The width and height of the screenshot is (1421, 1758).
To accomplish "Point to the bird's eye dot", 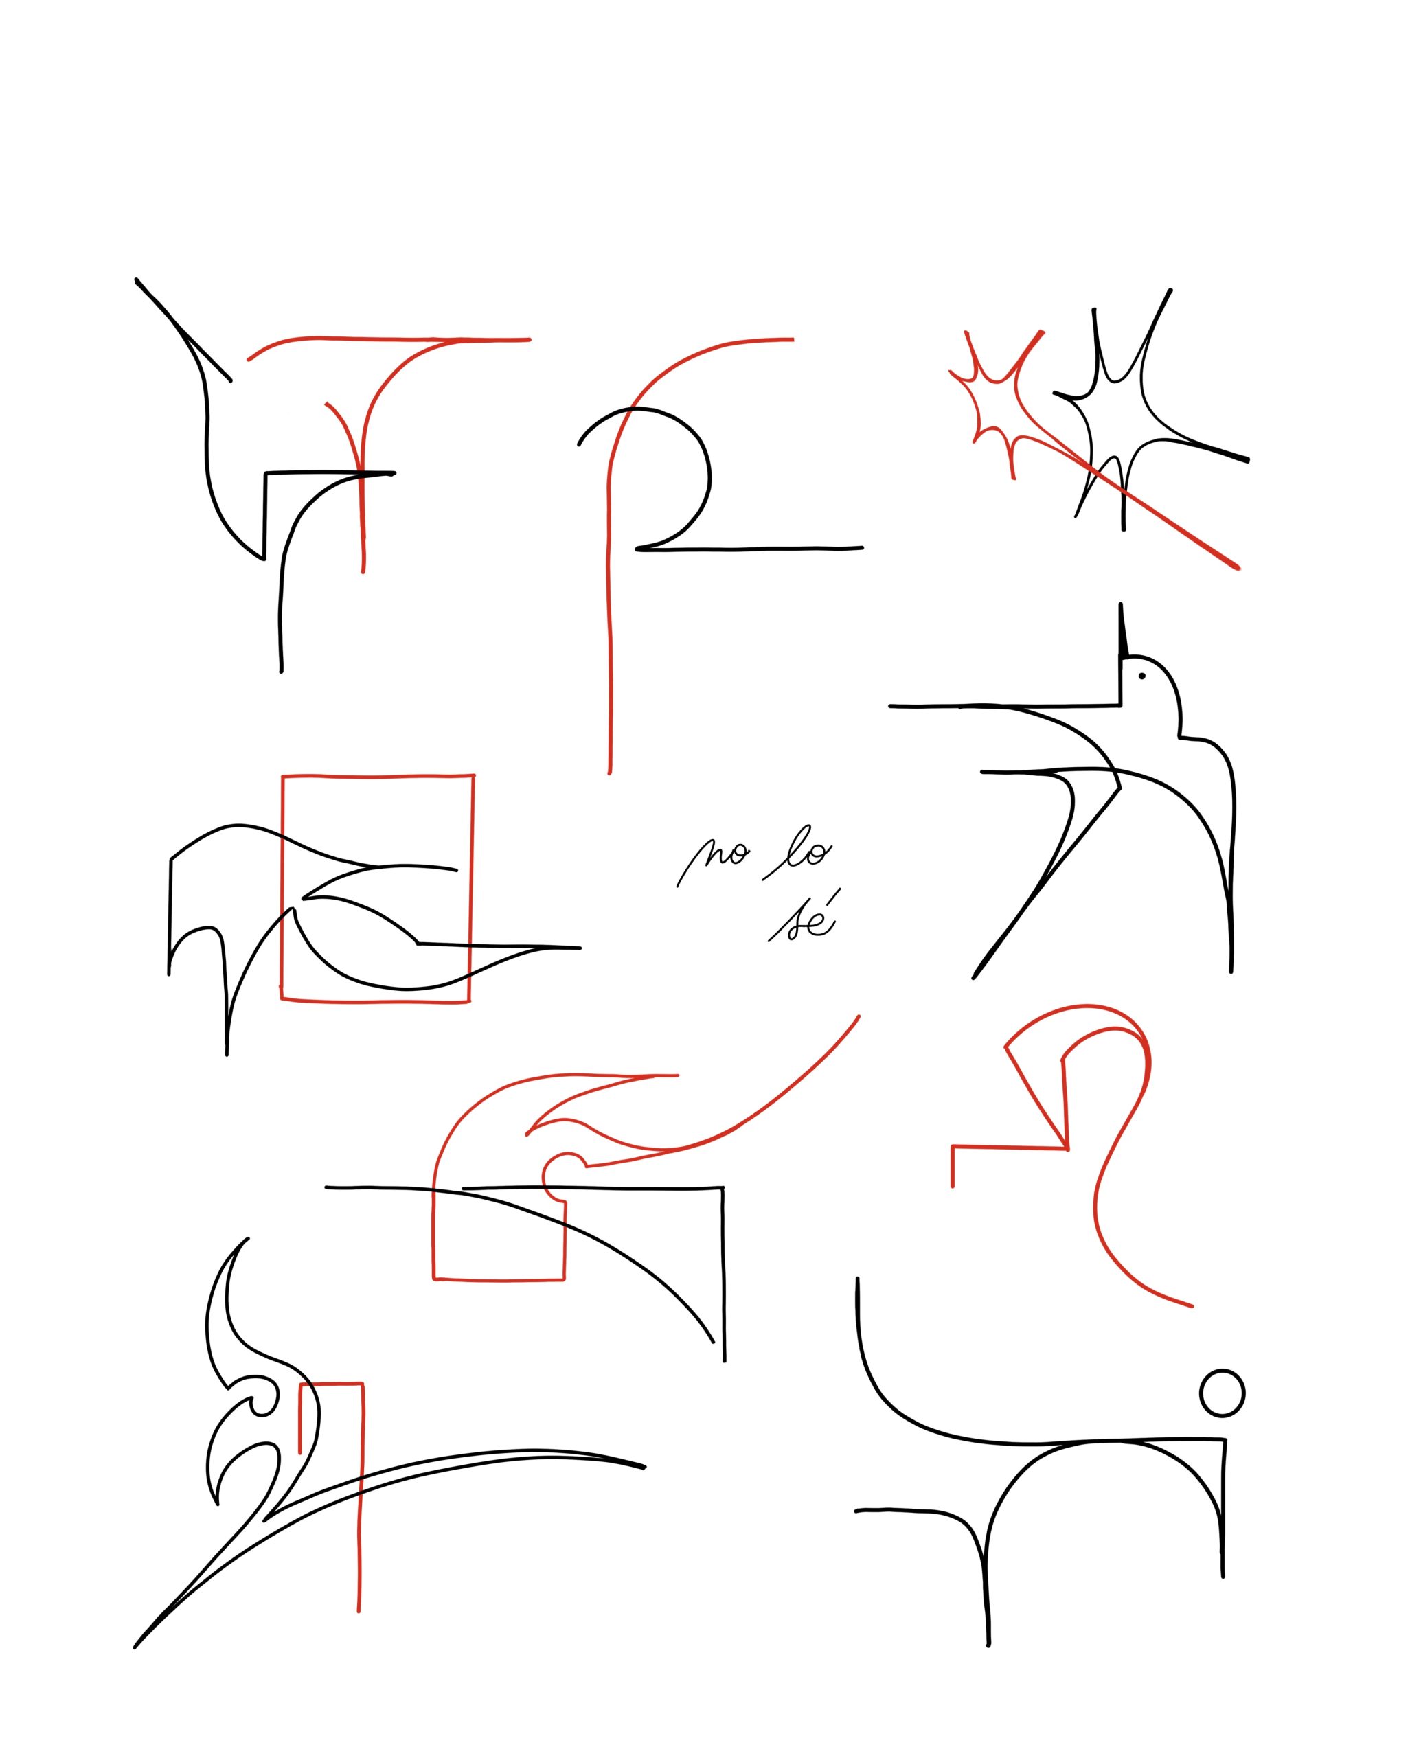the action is (1141, 676).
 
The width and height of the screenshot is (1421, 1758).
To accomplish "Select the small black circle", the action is (1222, 1392).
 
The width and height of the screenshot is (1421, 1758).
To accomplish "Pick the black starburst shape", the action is (1134, 409).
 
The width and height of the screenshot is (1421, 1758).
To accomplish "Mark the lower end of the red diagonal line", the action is (1238, 567).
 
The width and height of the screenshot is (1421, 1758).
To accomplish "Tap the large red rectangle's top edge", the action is (378, 775).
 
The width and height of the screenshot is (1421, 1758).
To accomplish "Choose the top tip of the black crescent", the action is (248, 1239).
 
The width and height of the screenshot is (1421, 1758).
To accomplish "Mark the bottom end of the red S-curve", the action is (1192, 1305).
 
